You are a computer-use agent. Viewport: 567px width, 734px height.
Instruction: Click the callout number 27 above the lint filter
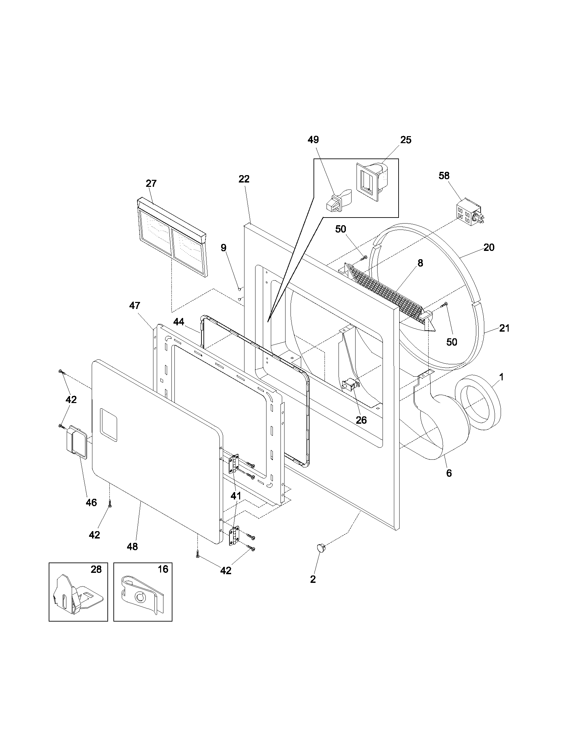(x=151, y=183)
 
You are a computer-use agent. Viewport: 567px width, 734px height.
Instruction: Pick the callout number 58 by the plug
(x=444, y=176)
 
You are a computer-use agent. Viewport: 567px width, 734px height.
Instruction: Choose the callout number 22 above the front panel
(x=244, y=179)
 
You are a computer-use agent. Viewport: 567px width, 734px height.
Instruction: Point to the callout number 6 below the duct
(x=449, y=473)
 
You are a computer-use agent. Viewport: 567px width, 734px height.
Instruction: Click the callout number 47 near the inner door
(x=135, y=306)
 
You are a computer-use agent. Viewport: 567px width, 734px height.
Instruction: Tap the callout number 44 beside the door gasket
(x=179, y=322)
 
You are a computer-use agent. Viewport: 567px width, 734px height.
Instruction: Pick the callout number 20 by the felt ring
(x=489, y=247)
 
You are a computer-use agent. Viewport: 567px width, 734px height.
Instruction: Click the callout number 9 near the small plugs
(x=223, y=248)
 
